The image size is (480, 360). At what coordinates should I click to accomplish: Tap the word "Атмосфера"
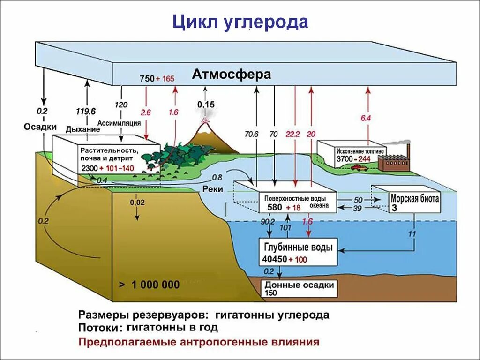click(231, 75)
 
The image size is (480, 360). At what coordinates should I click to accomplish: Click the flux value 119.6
click(86, 112)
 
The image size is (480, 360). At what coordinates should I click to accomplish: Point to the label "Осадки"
click(41, 127)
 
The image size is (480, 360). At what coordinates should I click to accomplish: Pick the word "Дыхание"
click(83, 129)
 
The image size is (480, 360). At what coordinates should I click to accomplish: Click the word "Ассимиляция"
click(119, 123)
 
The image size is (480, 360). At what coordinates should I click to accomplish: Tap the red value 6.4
click(366, 119)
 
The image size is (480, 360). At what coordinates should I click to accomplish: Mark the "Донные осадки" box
click(299, 288)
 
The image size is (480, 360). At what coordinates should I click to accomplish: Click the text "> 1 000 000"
click(149, 285)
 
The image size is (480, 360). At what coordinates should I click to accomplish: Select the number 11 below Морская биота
click(412, 233)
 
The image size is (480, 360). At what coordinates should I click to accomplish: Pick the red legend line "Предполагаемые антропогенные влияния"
click(199, 342)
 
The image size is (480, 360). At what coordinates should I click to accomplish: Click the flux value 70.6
click(251, 134)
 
